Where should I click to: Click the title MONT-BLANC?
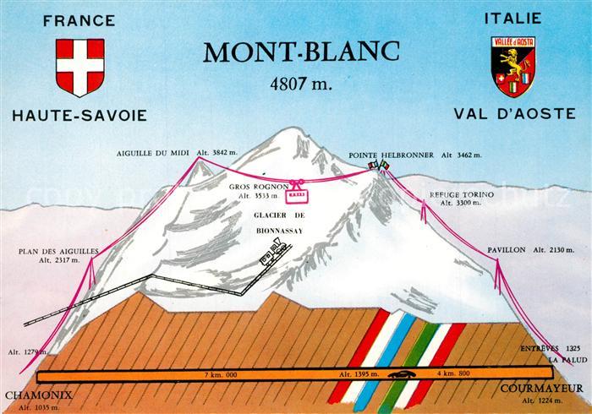299,53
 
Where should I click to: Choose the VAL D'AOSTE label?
515,115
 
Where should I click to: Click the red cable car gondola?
297,196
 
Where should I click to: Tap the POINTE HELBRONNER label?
391,155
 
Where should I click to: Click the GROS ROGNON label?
259,187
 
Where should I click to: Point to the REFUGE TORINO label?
455,194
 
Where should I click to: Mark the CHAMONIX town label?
37,395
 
